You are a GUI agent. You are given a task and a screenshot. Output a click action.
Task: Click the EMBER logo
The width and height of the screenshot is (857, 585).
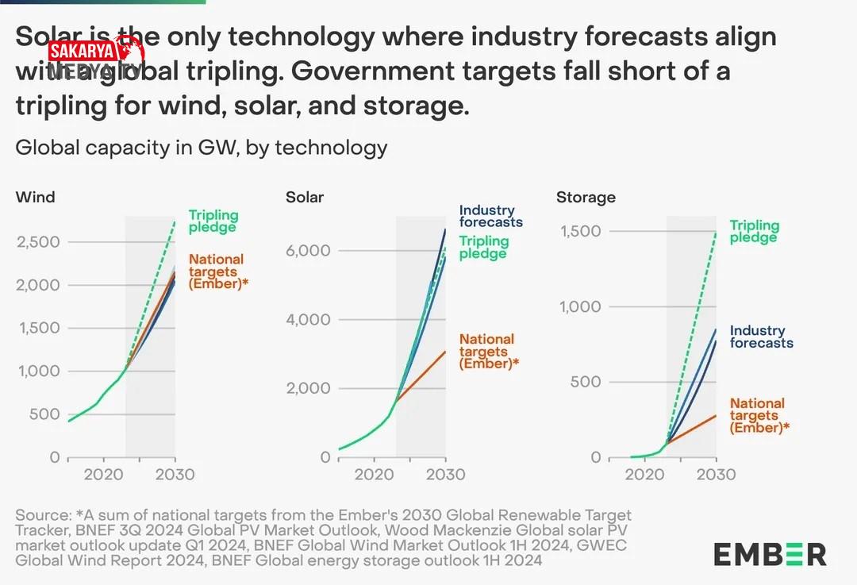[769, 554]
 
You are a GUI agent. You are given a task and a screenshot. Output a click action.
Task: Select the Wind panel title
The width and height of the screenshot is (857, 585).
[35, 197]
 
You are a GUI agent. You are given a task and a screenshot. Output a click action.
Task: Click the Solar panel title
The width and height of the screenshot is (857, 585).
[305, 197]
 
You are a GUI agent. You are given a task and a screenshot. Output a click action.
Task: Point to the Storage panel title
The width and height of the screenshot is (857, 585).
[586, 197]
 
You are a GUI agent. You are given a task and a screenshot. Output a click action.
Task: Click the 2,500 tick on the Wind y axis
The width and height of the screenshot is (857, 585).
[38, 241]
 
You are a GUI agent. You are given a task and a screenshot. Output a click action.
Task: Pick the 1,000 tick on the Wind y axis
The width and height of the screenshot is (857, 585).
[38, 371]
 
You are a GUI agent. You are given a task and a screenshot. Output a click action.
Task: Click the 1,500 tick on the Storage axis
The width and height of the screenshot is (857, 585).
[582, 231]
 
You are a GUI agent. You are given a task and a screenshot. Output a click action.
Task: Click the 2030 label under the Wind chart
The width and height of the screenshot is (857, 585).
[175, 475]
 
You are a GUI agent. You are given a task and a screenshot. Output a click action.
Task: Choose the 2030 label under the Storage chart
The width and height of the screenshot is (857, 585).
[716, 475]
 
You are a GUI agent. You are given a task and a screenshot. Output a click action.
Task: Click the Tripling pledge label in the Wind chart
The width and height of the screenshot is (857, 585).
[213, 221]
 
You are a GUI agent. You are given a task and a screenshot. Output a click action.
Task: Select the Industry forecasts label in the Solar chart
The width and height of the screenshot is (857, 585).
[490, 216]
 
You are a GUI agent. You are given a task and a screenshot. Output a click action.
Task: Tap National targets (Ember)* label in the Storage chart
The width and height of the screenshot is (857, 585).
[759, 415]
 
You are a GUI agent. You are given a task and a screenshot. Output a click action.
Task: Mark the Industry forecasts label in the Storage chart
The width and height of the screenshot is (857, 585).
[761, 337]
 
